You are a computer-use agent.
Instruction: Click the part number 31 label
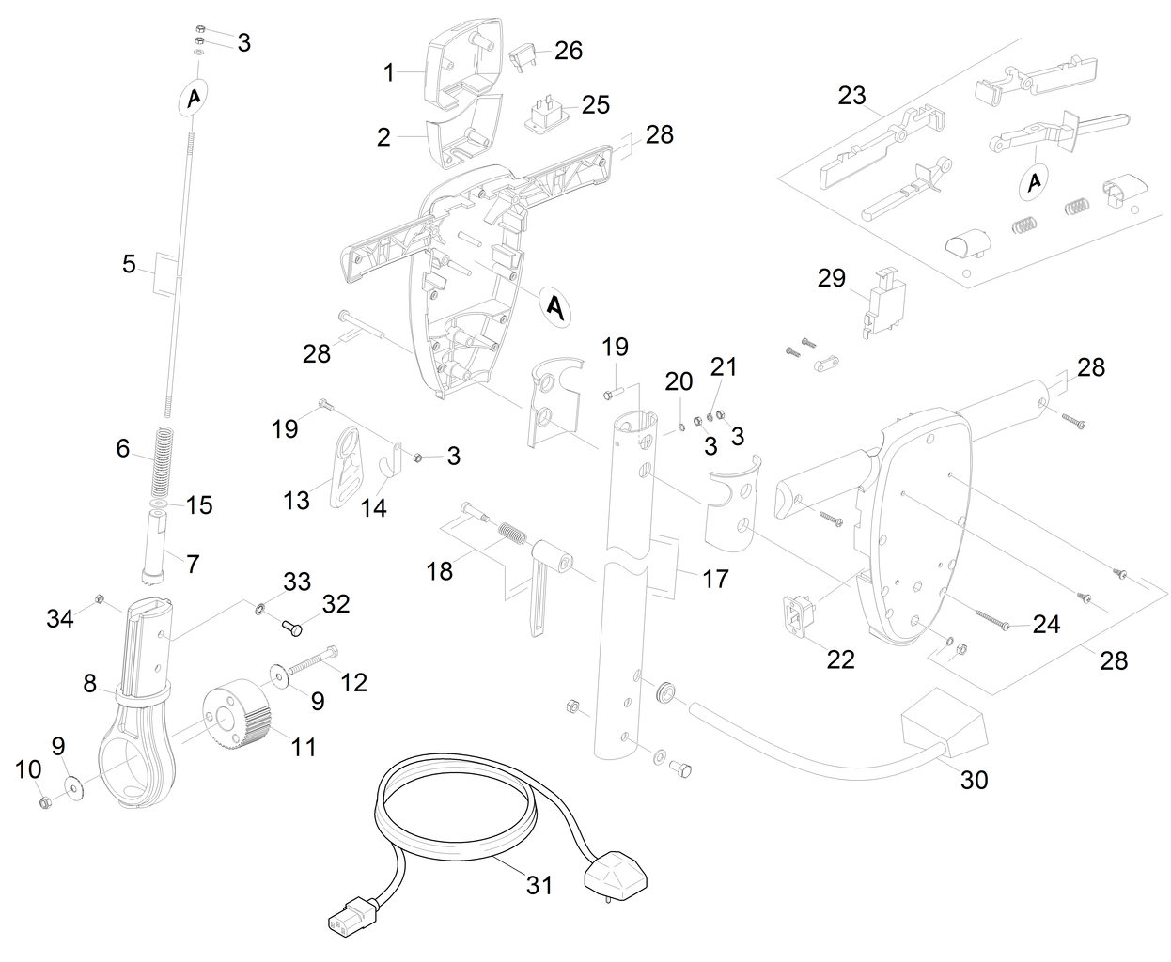[539, 884]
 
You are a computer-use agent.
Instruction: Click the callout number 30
[975, 779]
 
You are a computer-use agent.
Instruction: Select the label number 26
[569, 50]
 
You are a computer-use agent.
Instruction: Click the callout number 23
[852, 95]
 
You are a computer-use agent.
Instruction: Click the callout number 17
[715, 579]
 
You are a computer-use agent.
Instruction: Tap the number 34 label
[61, 617]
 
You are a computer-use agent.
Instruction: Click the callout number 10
[29, 769]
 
